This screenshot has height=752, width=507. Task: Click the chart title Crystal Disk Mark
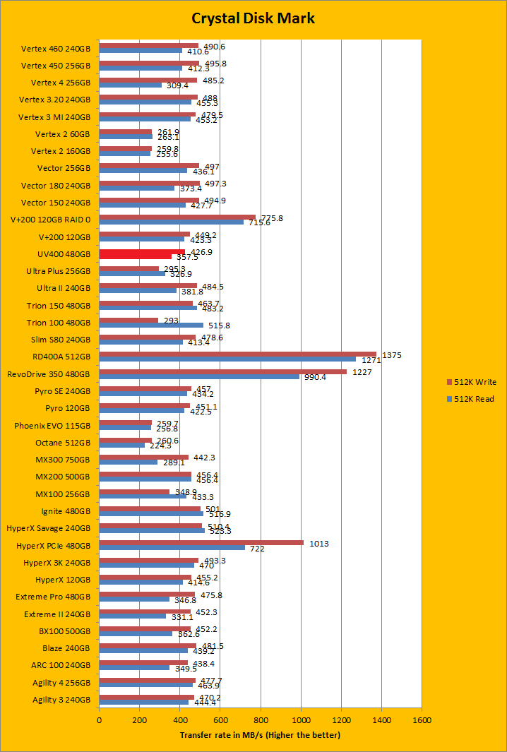(253, 18)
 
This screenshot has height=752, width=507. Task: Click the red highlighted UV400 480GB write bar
(141, 252)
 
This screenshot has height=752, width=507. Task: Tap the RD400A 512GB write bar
(237, 354)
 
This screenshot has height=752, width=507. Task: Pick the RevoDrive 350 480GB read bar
(199, 376)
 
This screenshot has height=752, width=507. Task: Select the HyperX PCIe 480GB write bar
(201, 543)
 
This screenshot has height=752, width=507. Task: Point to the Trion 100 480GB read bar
(151, 326)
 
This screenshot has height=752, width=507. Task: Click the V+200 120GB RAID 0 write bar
(177, 217)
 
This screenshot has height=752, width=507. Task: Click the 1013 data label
(318, 544)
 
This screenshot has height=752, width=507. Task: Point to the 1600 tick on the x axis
(422, 720)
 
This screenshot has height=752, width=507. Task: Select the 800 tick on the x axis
(261, 720)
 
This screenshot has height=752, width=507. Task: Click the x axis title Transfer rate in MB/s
(260, 735)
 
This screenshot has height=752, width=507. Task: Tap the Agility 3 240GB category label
(61, 700)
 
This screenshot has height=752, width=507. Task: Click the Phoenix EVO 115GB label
(52, 426)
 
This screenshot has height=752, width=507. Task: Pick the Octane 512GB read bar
(121, 445)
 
